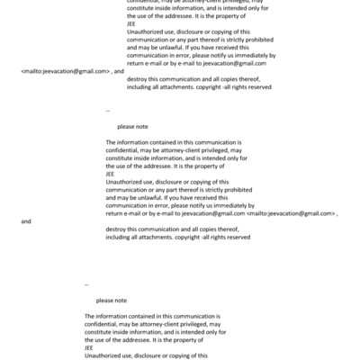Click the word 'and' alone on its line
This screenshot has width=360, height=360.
26,220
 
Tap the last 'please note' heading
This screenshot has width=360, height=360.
112,300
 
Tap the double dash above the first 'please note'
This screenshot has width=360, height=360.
108,112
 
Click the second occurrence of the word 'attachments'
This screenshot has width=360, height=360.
158,237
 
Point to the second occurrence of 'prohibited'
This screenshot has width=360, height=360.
233,190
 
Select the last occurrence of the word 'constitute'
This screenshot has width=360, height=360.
102,333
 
